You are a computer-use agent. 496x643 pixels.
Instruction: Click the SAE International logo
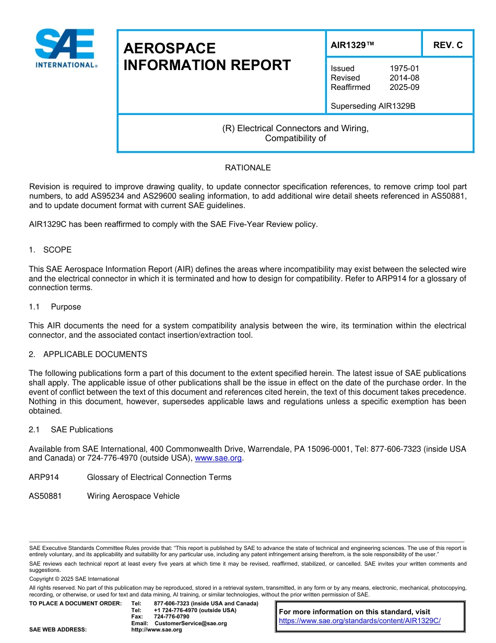[x=65, y=48]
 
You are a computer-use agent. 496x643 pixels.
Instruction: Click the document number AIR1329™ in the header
[x=353, y=45]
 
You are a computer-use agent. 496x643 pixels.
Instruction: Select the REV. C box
[x=447, y=45]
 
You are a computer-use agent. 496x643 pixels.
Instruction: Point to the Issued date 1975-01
[x=404, y=68]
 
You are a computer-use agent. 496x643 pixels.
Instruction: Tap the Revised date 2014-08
[x=404, y=78]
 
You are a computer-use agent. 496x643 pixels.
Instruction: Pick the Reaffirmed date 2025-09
[x=404, y=87]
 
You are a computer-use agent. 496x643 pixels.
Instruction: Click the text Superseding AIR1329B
[x=373, y=106]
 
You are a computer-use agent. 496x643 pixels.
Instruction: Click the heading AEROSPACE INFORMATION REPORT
[x=207, y=56]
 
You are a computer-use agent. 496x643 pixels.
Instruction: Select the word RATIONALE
[x=247, y=168]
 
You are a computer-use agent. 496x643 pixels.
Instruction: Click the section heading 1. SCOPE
[x=50, y=250]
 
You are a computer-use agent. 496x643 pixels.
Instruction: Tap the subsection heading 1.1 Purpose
[x=55, y=307]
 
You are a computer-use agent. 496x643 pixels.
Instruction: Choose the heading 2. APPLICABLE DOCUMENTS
[x=88, y=354]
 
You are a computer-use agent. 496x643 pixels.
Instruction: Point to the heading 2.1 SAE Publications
[x=71, y=430]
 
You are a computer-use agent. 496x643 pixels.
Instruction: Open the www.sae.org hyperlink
[x=218, y=458]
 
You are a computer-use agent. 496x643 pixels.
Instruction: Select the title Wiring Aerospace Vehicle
[x=133, y=496]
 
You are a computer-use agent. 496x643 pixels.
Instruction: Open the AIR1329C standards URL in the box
[x=360, y=621]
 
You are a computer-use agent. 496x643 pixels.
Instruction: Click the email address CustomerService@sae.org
[x=191, y=623]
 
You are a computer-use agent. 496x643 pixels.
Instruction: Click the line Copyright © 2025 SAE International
[x=74, y=579]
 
